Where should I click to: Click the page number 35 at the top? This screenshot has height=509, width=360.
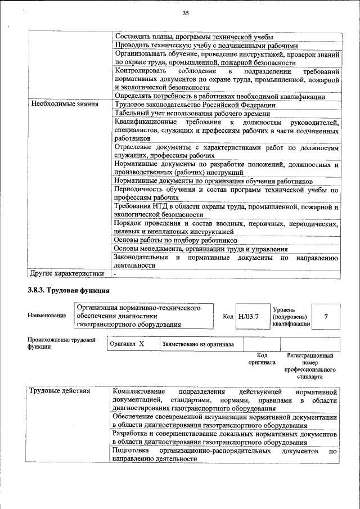click(x=186, y=13)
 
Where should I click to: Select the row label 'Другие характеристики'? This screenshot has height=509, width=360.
click(x=67, y=274)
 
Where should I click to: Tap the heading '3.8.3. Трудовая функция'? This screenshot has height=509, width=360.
click(x=68, y=291)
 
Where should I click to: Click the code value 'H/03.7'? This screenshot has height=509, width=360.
click(x=248, y=316)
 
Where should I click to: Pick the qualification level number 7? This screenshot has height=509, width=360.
click(x=326, y=316)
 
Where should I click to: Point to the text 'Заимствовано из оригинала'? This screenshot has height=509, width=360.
click(x=194, y=344)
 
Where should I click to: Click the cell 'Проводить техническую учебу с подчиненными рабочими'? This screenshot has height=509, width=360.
click(x=206, y=46)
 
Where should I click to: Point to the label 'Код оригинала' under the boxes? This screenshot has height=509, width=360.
click(x=262, y=359)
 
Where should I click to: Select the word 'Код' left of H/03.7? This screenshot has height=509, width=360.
click(x=228, y=317)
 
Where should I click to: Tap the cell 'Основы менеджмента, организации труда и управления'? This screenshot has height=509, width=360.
click(x=201, y=249)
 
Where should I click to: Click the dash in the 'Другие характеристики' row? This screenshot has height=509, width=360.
click(x=115, y=274)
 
